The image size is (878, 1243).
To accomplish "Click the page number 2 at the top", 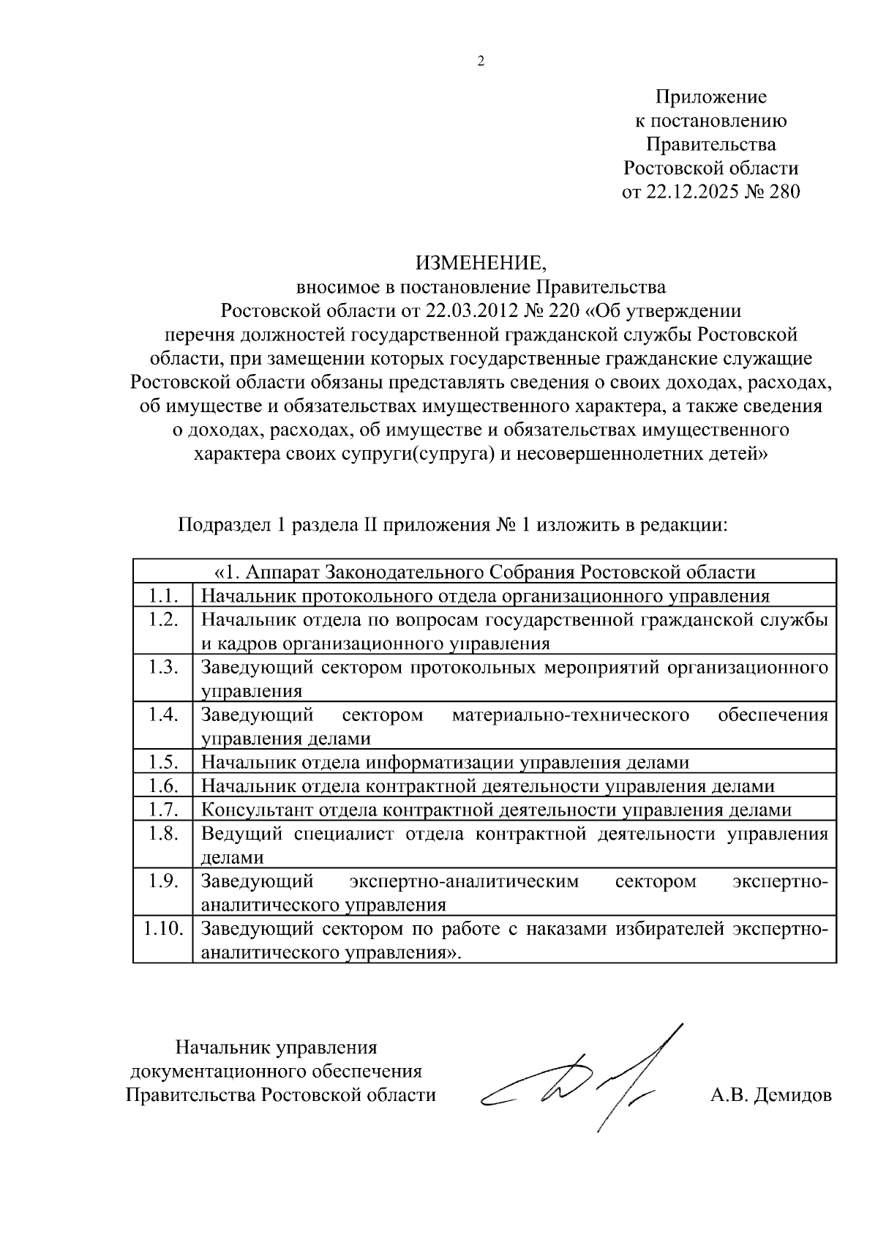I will [481, 61].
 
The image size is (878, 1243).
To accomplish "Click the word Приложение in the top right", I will [710, 97].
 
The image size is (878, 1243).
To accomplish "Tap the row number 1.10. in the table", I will [162, 928].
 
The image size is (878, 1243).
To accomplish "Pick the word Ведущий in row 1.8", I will [241, 834].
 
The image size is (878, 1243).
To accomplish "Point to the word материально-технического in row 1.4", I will [571, 714].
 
